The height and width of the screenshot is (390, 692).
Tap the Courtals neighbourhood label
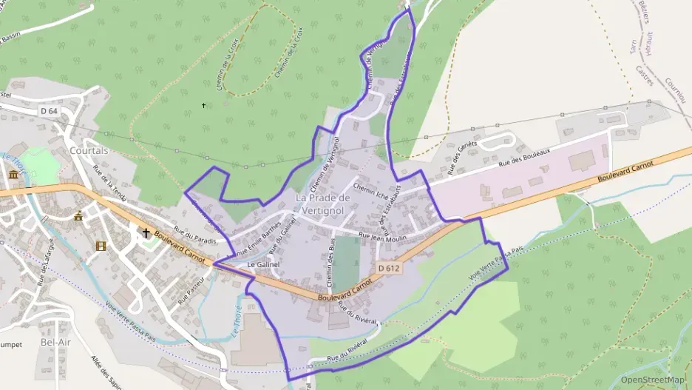(x=89, y=150)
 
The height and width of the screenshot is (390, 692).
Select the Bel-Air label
(x=57, y=343)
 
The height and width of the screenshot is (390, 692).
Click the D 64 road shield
(x=49, y=110)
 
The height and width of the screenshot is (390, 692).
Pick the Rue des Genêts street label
(x=463, y=159)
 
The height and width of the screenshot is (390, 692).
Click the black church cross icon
(x=146, y=233)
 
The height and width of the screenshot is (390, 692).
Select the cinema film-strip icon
(x=101, y=246)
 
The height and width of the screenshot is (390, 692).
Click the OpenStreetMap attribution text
(x=652, y=380)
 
